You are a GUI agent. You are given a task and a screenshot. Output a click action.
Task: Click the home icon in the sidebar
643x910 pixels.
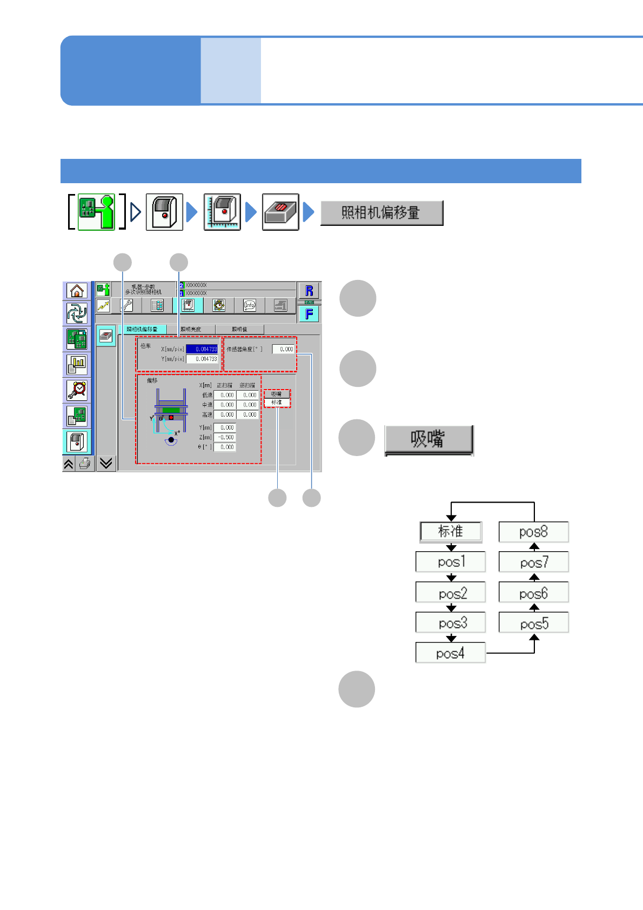77,291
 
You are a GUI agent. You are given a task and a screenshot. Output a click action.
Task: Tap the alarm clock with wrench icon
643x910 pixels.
77,390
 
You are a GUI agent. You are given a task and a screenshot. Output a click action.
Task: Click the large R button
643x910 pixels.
309,291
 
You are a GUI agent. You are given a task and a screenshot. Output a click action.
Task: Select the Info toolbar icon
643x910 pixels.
249,305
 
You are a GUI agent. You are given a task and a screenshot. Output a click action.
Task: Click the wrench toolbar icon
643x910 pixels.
126,305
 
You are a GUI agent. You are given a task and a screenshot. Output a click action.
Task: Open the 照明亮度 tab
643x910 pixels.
191,329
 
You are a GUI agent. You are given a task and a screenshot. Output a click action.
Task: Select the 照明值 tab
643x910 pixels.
239,329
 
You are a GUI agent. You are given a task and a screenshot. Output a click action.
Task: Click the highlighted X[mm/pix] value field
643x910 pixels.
202,349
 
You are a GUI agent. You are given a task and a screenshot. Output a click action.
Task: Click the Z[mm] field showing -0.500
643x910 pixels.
225,437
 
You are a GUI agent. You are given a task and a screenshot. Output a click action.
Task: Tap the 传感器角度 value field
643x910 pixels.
284,349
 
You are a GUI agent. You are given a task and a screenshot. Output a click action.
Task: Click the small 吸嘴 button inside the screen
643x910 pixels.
277,394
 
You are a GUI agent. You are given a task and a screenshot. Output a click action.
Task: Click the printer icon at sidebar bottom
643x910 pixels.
84,464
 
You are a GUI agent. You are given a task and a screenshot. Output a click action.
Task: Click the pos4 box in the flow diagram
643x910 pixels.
450,653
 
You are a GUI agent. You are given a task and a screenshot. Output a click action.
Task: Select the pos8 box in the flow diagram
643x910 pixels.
533,532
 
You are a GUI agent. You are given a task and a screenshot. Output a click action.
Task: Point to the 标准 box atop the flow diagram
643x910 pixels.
451,531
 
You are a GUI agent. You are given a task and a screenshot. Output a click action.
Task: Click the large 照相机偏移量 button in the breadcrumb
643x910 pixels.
381,213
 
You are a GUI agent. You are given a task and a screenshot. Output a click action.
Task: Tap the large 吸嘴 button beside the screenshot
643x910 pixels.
428,439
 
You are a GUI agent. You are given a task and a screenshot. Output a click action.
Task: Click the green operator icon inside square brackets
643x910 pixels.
97,212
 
